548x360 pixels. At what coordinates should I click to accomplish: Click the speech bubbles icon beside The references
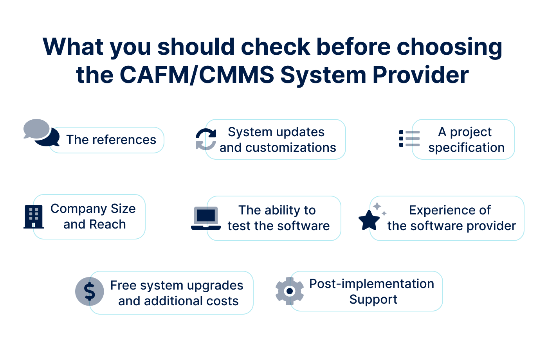pos(41,133)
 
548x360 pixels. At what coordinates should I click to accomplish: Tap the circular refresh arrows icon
pos(206,139)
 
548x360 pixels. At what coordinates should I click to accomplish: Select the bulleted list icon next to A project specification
pos(409,139)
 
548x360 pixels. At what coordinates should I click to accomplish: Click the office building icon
pos(34,217)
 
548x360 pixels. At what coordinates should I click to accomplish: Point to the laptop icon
pos(206,218)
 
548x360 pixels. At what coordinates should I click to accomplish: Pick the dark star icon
pos(369,220)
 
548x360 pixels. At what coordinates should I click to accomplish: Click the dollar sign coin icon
pos(90,291)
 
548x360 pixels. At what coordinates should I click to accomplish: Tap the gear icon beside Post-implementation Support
pos(290,291)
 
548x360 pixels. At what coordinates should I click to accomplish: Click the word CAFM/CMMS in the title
pos(196,75)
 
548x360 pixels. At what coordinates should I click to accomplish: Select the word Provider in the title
pos(420,75)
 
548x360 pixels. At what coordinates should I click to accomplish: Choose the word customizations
pos(290,148)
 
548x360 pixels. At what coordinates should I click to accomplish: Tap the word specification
pos(467,148)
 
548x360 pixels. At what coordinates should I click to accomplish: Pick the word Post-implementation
pos(371,284)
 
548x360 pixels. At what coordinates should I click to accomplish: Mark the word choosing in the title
pos(449,48)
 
